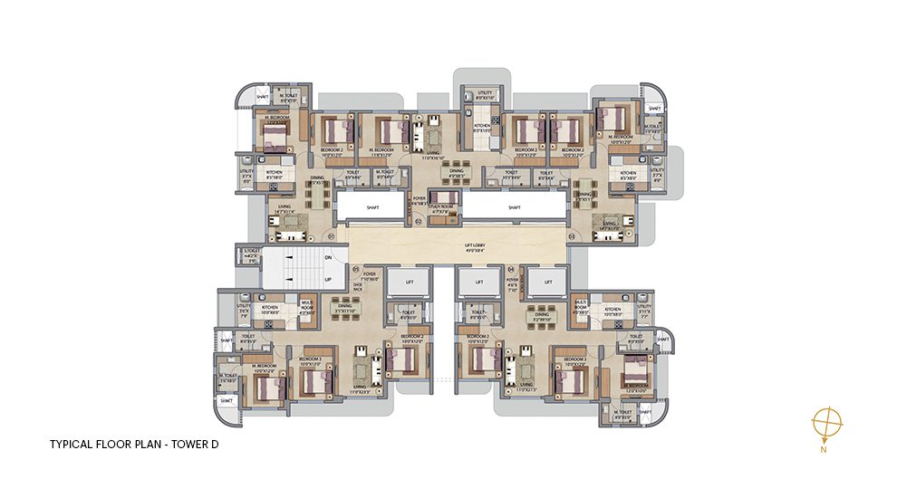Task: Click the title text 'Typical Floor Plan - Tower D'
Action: [134, 445]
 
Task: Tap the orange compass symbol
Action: [826, 423]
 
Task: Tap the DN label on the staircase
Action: [327, 258]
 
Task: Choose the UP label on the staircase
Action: [327, 279]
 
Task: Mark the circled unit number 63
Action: [572, 236]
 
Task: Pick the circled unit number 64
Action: [511, 269]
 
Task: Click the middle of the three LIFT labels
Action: [478, 283]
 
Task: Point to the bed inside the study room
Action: [442, 198]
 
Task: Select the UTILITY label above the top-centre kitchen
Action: [485, 93]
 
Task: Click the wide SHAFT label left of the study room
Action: [372, 207]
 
